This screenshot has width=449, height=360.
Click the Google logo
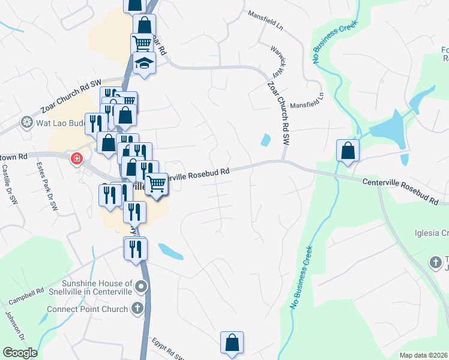click(20, 353)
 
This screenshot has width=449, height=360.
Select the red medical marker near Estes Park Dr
click(76, 159)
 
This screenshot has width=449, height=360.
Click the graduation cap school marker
click(144, 62)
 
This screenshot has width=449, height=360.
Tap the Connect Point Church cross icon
click(137, 309)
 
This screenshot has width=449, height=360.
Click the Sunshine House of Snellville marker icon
click(141, 287)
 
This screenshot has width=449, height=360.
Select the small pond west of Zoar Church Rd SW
click(265, 140)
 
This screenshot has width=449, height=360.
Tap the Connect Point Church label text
click(88, 309)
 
